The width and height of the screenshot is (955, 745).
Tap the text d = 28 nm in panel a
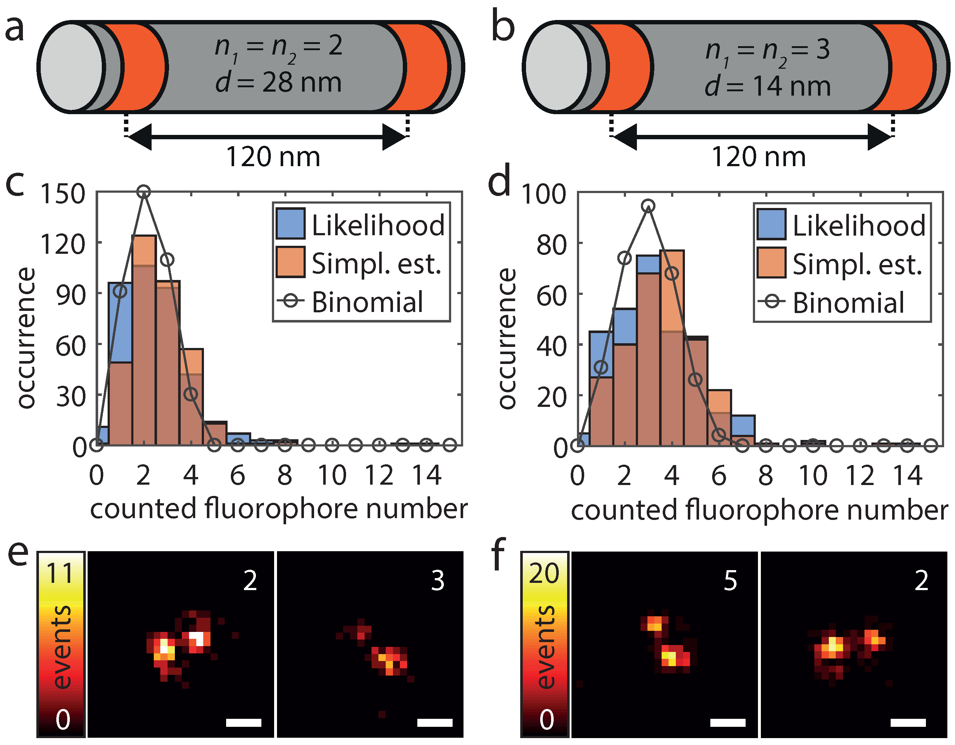278,82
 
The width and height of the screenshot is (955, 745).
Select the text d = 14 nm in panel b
767,86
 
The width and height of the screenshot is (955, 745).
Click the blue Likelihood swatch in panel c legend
290,224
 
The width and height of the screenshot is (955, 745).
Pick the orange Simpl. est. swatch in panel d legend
771,263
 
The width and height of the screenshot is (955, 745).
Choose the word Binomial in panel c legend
367,302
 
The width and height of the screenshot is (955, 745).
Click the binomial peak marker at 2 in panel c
144,192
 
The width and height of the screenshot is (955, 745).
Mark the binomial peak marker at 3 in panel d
649,205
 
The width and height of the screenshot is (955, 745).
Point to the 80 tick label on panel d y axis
551,245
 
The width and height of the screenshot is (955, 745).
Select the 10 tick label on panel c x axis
332,476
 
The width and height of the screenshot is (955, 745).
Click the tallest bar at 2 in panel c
144,341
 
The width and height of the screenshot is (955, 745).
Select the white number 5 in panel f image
730,581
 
